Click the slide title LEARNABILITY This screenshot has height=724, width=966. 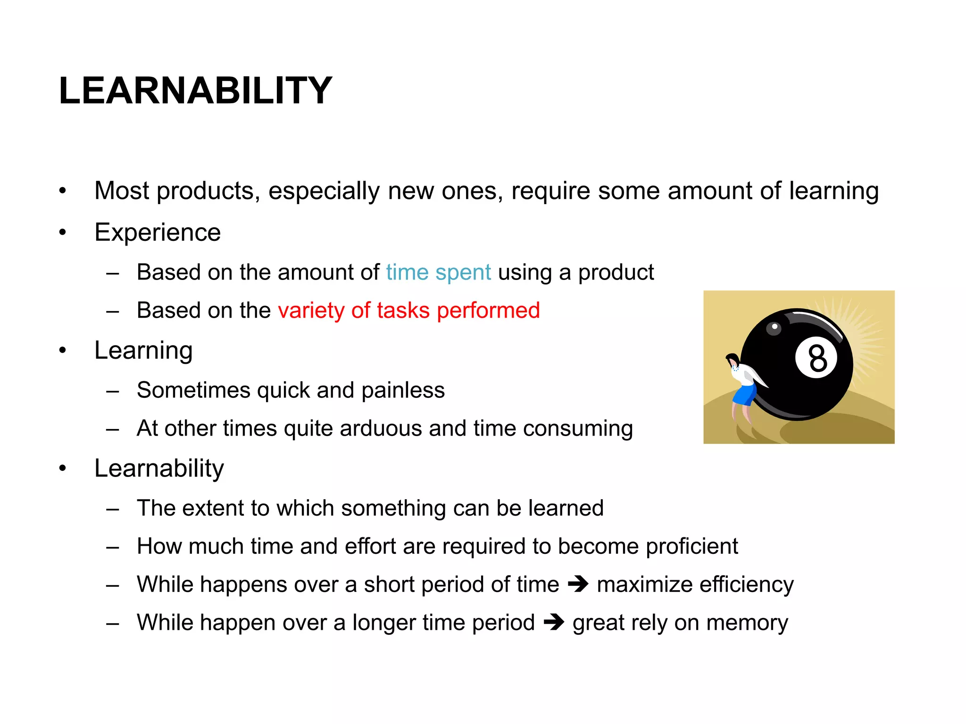pyautogui.click(x=195, y=90)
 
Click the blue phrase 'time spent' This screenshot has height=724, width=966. pyautogui.click(x=438, y=272)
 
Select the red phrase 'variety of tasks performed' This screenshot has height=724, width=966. pyautogui.click(x=408, y=311)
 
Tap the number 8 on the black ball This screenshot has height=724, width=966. pyautogui.click(x=817, y=358)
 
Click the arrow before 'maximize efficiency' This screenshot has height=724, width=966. pyautogui.click(x=578, y=584)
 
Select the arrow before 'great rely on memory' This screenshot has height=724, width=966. pyautogui.click(x=554, y=623)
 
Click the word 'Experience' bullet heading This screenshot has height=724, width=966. pyautogui.click(x=158, y=232)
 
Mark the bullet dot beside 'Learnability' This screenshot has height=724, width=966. pyautogui.click(x=63, y=469)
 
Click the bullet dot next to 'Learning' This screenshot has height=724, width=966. pyautogui.click(x=63, y=351)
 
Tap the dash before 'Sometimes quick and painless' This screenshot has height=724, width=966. pyautogui.click(x=112, y=391)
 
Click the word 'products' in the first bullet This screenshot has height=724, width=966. pyautogui.click(x=208, y=191)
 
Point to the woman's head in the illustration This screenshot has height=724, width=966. pyautogui.click(x=733, y=361)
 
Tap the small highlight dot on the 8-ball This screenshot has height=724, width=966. pyautogui.click(x=774, y=327)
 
